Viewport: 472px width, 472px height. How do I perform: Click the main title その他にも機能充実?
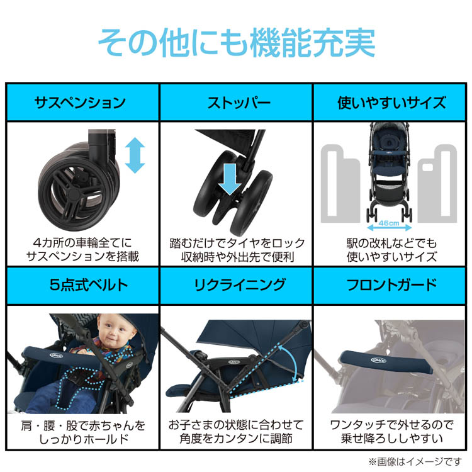(237, 42)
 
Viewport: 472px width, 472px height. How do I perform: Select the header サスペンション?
(80, 103)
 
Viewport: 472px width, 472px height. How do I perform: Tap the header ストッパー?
(239, 103)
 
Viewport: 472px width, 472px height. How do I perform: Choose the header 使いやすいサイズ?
(391, 103)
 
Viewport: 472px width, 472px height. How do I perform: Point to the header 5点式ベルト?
(89, 284)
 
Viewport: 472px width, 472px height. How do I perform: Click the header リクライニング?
(239, 284)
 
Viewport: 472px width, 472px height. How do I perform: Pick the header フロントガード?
(391, 284)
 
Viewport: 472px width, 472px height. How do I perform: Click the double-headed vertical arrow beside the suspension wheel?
(135, 155)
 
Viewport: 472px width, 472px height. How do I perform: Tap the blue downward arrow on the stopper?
(230, 179)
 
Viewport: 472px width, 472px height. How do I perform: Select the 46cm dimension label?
(389, 223)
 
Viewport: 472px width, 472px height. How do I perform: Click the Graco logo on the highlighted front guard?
(378, 360)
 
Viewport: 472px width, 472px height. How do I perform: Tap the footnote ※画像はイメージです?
(415, 461)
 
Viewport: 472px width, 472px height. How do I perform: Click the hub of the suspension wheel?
(72, 194)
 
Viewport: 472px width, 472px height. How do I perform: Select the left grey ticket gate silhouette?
(340, 184)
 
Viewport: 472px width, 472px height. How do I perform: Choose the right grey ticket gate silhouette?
(437, 184)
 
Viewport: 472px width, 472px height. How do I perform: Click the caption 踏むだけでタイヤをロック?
(237, 243)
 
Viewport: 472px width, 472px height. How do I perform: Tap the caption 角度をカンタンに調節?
(236, 438)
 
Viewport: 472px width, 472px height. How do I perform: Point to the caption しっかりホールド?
(84, 439)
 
